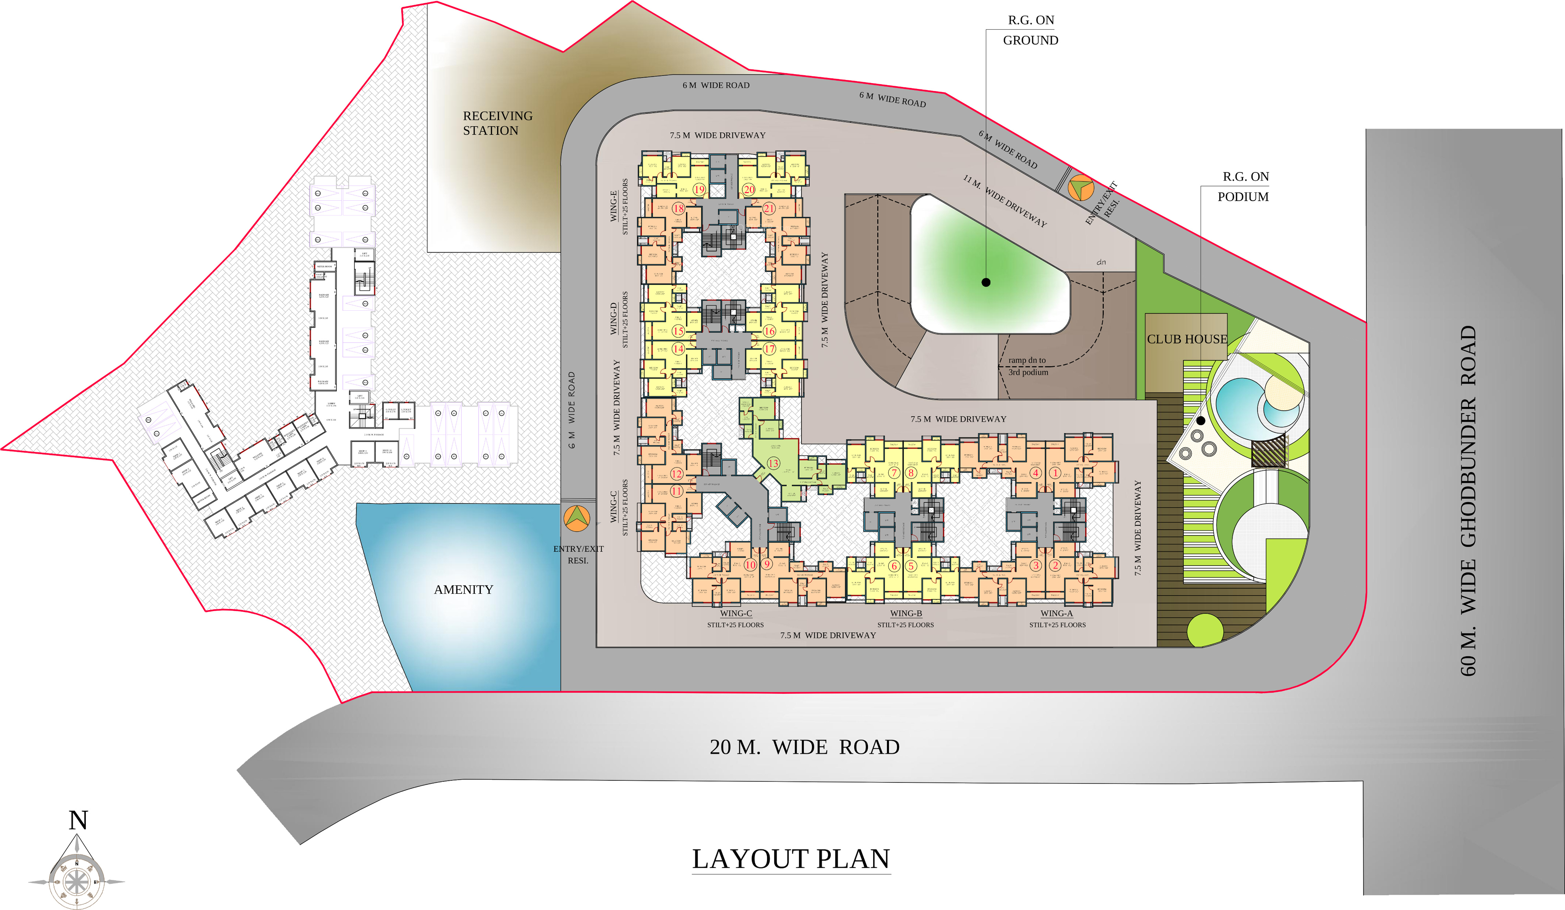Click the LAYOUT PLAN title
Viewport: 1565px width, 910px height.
[x=791, y=859]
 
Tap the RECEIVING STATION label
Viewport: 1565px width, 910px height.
[x=497, y=123]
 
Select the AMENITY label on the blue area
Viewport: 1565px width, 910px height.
[x=463, y=589]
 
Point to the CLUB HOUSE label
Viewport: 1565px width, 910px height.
[x=1187, y=339]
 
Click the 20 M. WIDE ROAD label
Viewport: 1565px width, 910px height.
[x=804, y=747]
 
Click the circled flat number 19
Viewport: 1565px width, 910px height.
[x=699, y=189]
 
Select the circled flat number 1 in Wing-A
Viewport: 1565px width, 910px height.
[x=1055, y=473]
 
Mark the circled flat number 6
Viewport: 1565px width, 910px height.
[x=894, y=566]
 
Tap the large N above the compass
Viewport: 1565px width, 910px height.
[x=78, y=821]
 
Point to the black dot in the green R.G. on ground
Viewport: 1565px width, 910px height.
[x=986, y=282]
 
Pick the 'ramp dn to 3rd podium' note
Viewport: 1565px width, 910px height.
[x=1028, y=366]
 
